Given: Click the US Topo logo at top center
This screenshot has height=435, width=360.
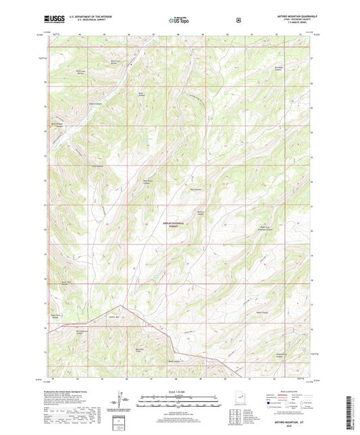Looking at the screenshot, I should (x=179, y=20).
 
